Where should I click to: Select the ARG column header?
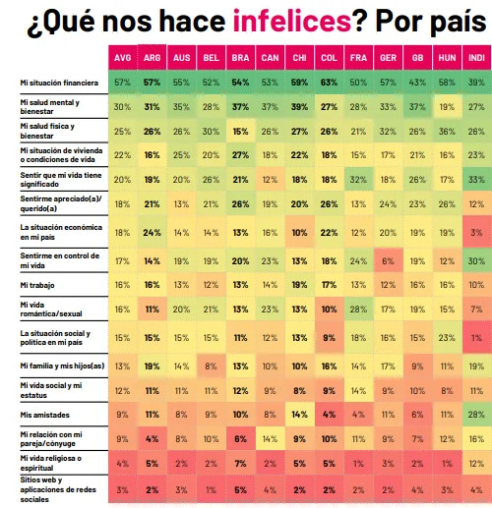[x=153, y=58]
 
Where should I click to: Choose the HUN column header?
[x=448, y=58]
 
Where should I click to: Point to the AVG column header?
[x=123, y=58]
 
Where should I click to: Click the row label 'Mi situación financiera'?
[x=55, y=81]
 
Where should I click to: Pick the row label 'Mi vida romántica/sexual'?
[x=48, y=310]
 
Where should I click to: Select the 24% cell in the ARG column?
[x=153, y=233]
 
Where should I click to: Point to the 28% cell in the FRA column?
[x=359, y=310]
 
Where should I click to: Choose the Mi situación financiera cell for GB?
[x=418, y=81]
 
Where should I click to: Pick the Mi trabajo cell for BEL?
[x=212, y=284]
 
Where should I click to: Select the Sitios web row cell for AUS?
[x=182, y=488]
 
